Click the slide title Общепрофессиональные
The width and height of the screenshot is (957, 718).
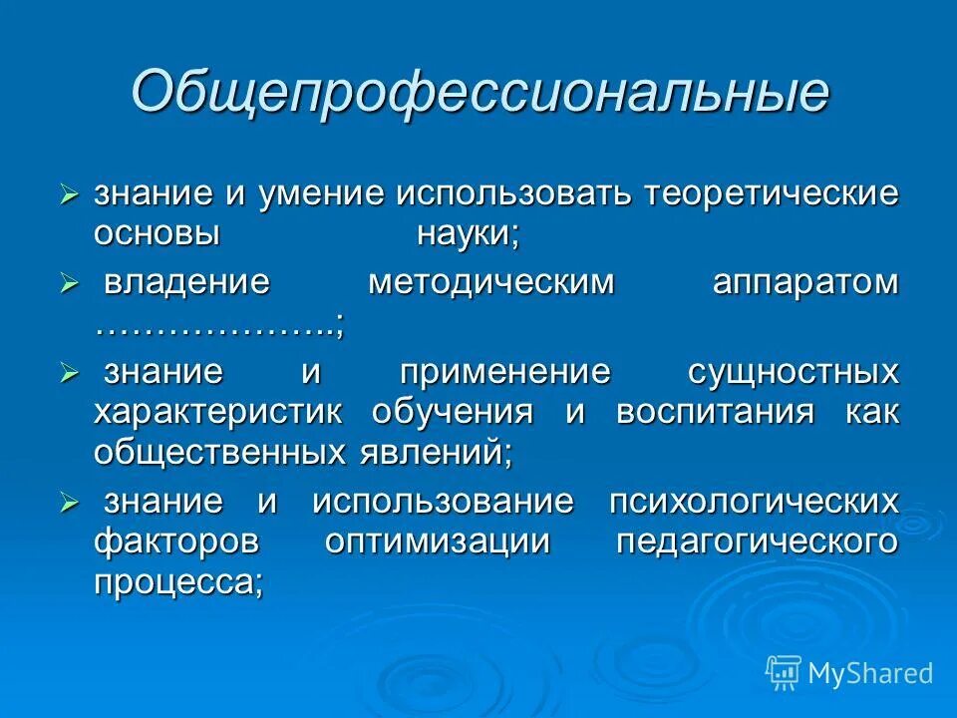point(478,92)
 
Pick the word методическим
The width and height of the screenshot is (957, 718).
point(492,282)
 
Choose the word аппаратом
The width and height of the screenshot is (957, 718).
point(805,282)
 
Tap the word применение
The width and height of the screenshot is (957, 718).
point(505,372)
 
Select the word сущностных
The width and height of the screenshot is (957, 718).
point(794,372)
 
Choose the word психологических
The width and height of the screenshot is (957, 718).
point(754,502)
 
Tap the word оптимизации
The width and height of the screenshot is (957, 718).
point(438,541)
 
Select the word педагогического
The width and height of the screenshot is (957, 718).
point(758,541)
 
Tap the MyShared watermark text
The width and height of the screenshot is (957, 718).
point(870,674)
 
